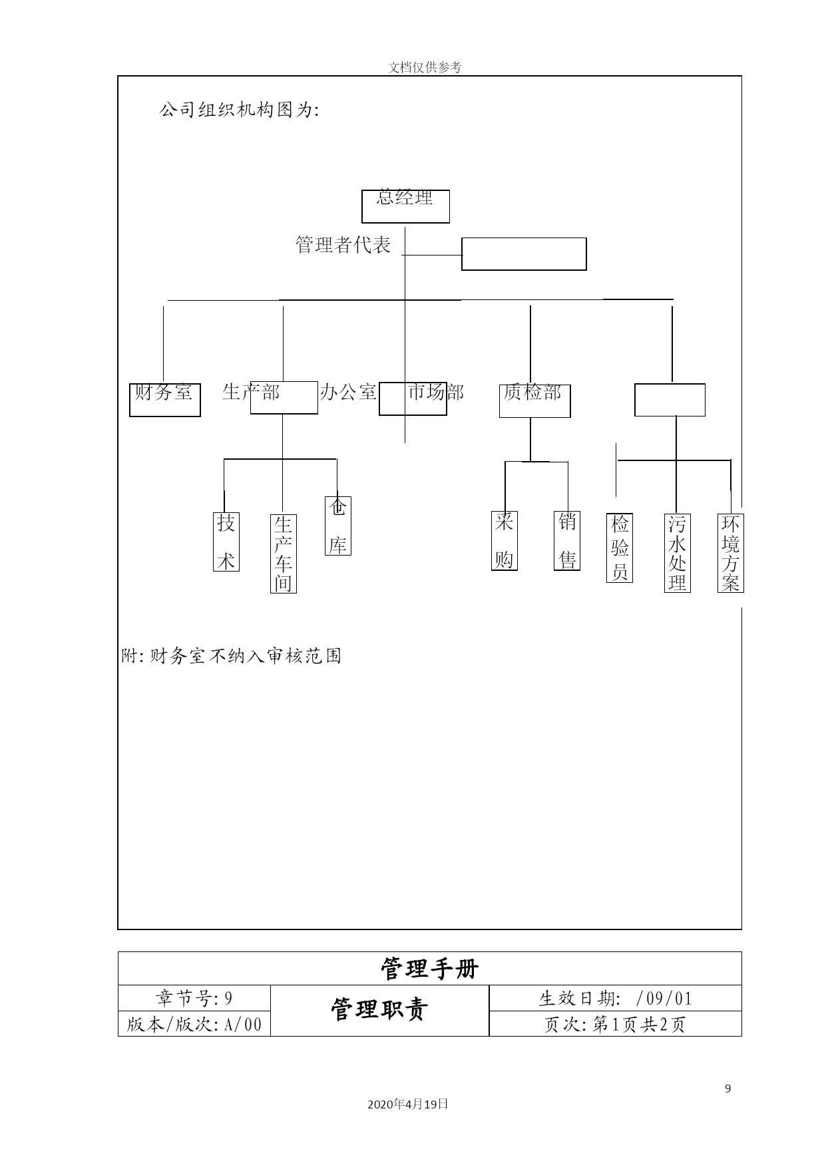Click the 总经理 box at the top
pos(405,206)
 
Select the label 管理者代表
pos(343,245)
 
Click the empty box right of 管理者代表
pos(524,254)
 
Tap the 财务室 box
pos(165,400)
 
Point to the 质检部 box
pos(535,401)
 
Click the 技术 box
pos(226,542)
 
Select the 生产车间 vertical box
pos(284,554)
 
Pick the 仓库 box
pos(338,526)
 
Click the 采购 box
pos(505,540)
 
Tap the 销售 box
pos(567,540)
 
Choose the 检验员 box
pos(620,548)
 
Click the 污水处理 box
pos(678,553)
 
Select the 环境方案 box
pos(731,553)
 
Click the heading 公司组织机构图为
pos(240,110)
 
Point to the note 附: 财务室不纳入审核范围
pos(232,656)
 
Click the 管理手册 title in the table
pos(430,969)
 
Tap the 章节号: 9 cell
pos(194,998)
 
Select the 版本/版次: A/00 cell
pos(194,1024)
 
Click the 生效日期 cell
pos(616,998)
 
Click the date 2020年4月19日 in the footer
pos(408,1104)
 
